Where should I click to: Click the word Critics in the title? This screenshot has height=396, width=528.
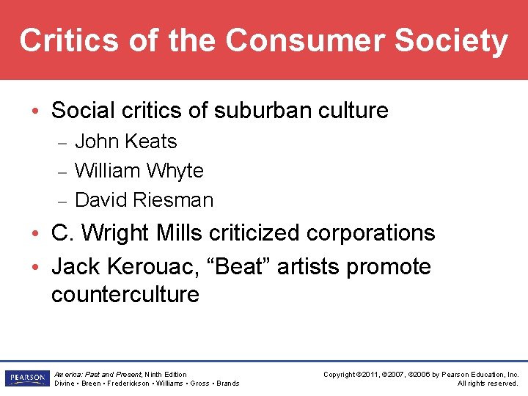click(x=67, y=41)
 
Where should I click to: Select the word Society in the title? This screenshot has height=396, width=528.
click(x=451, y=41)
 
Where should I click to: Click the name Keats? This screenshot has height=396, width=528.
click(x=152, y=141)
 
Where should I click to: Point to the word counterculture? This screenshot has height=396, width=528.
click(x=125, y=295)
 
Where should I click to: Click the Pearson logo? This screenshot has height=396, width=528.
click(x=26, y=378)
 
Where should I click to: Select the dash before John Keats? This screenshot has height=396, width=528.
click(x=63, y=142)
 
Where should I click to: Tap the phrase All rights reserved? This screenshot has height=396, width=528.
click(x=488, y=384)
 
